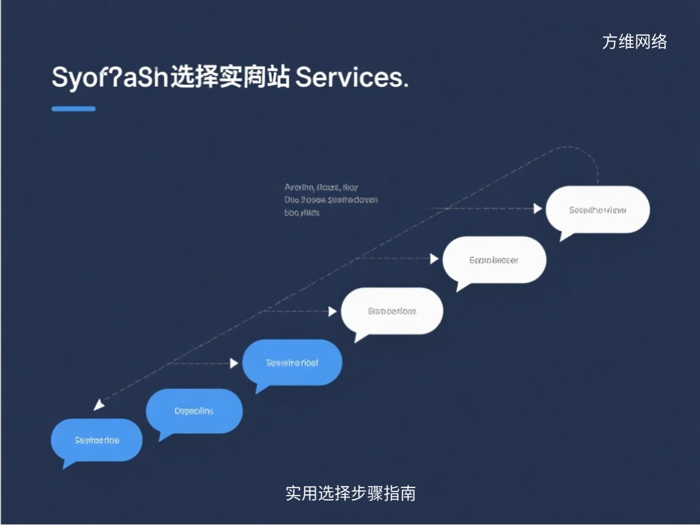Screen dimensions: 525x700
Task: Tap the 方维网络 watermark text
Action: coord(634,42)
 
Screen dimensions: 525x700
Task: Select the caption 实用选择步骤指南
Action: coord(350,493)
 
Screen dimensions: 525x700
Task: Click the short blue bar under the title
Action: coord(73,109)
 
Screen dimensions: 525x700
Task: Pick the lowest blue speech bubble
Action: coord(96,440)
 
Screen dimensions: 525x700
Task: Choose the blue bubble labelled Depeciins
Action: coord(194,411)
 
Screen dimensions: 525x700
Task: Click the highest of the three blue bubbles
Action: coord(292,362)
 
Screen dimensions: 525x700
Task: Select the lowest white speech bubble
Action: coord(392,311)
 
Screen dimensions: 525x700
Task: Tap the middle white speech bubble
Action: coord(494,260)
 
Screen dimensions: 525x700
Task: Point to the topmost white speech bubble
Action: coord(597,210)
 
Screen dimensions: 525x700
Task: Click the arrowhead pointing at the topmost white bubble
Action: coord(538,208)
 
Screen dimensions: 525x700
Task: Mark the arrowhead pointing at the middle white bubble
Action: coord(434,258)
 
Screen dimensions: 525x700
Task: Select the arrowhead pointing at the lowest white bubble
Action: coord(332,311)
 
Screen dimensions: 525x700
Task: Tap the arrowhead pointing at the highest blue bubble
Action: coord(234,363)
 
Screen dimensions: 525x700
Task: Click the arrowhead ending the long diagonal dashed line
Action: coord(98,405)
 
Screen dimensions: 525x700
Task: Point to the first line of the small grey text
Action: coord(321,187)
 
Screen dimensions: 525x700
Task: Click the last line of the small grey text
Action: coord(301,213)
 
